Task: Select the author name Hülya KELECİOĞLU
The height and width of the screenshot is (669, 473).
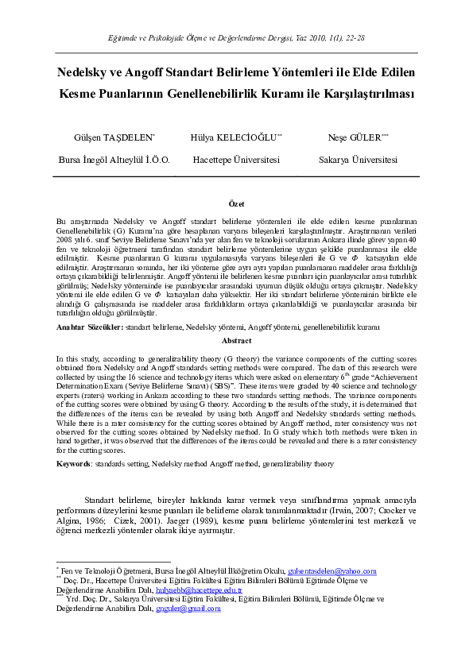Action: click(234, 137)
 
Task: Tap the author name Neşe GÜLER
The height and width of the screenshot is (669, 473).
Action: click(355, 137)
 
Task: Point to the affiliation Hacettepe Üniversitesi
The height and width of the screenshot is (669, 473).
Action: click(235, 159)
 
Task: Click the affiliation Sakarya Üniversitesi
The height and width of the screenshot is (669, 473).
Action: click(359, 159)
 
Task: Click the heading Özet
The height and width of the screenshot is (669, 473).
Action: click(236, 204)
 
